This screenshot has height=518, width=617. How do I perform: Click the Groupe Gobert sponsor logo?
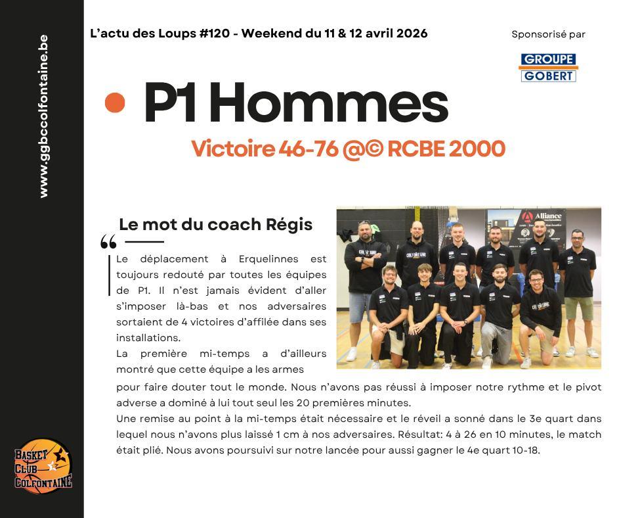548,68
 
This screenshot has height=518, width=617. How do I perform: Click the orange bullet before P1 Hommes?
115,103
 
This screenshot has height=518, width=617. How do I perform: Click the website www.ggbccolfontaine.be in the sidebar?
43,116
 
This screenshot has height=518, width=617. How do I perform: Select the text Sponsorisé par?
548,34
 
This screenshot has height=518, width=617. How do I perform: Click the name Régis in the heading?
289,224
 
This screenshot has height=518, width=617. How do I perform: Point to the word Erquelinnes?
268,259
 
